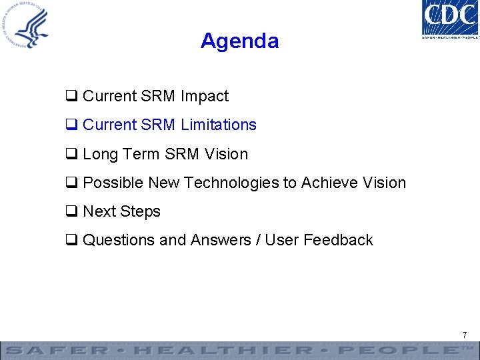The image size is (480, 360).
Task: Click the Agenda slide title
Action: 239,41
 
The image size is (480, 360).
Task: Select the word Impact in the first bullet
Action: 204,96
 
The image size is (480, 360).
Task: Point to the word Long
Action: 100,154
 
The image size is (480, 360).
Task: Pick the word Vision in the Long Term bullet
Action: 226,154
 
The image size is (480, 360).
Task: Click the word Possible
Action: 113,183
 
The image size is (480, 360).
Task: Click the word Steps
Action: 141,211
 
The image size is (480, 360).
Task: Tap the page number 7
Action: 465,334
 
